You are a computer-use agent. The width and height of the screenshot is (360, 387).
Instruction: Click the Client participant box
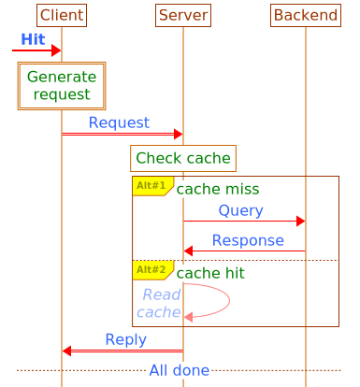coord(62,15)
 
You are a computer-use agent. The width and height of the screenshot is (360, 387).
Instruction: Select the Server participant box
coord(183,15)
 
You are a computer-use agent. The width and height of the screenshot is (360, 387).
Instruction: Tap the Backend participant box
coord(305,15)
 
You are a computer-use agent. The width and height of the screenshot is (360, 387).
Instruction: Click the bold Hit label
coord(33,39)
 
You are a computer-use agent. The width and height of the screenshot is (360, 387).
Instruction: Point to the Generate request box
coord(62,86)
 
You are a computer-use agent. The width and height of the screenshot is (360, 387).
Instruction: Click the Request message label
coord(119,122)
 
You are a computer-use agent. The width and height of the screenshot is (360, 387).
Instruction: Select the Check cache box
coord(183,158)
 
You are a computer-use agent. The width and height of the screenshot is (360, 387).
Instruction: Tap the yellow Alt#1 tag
coord(151,185)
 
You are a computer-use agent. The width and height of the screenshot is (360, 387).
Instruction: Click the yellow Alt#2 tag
coord(151,270)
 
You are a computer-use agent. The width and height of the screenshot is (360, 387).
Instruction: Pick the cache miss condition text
coord(218,190)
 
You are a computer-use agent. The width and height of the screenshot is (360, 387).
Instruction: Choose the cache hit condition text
coord(210,273)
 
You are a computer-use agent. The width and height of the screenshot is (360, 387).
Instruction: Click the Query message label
coord(240,210)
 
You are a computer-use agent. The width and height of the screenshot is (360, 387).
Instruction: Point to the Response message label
coord(248,240)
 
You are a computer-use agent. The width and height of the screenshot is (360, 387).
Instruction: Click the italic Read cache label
coord(161,304)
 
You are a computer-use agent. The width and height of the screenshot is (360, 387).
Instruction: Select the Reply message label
coord(125,339)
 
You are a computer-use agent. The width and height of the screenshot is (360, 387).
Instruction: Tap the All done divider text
coord(179,371)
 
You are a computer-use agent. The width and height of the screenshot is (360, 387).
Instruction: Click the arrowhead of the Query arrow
coord(300,221)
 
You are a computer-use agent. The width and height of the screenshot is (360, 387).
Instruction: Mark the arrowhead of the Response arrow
coord(189,251)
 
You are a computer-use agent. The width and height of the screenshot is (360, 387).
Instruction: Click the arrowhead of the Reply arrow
coord(67,351)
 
